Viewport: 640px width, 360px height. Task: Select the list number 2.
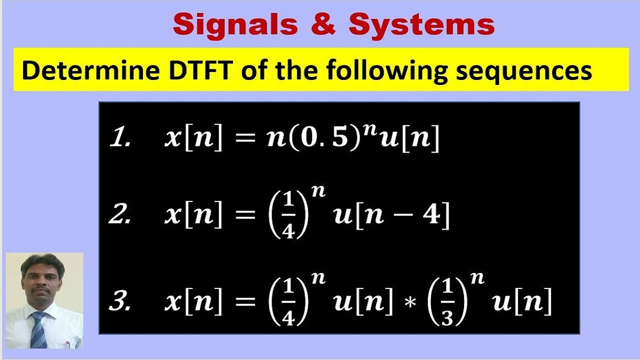[x=120, y=217]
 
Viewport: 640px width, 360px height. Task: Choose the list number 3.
[x=120, y=303]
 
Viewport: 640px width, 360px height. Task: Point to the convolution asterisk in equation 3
[x=410, y=303]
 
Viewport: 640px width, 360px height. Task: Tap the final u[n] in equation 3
[x=522, y=303]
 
